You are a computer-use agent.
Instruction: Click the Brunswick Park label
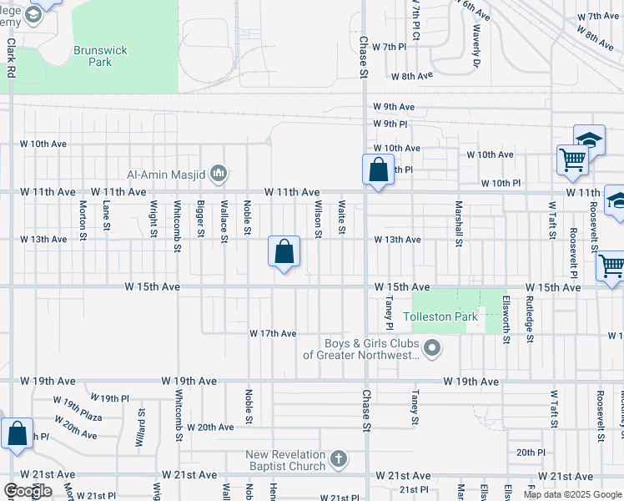(100, 56)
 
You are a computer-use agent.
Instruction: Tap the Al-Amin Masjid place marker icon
(219, 174)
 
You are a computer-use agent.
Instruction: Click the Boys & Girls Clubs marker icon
(431, 348)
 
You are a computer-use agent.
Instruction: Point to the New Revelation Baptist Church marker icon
(338, 458)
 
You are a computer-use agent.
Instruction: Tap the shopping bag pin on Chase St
(378, 170)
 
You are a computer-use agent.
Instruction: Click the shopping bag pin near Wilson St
(284, 251)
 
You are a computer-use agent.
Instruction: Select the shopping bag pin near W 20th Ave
(17, 434)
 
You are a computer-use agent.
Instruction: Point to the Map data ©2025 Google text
(571, 494)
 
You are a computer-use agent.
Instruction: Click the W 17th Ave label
(273, 334)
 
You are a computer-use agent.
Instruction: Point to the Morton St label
(83, 217)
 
